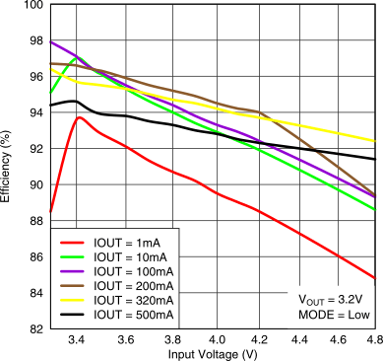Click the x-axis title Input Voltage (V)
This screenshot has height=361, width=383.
[212, 352]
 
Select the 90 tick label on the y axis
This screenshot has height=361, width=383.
[34, 185]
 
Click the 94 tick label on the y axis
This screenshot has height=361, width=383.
[34, 113]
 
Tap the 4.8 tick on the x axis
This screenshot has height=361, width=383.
[374, 338]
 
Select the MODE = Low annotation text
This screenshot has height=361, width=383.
[332, 314]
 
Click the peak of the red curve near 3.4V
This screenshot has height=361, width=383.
[79, 117]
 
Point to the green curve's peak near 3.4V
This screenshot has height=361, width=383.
[75, 58]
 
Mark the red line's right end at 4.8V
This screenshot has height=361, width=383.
[375, 278]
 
